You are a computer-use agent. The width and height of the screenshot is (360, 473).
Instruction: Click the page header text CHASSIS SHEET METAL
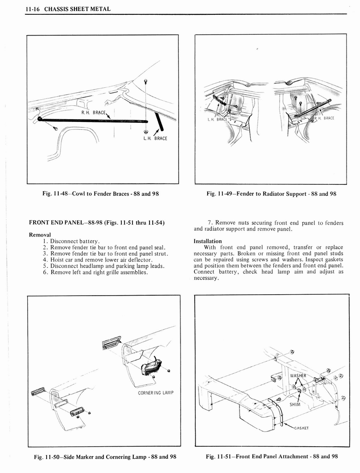coord(77,9)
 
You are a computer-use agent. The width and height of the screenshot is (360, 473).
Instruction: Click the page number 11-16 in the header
coord(33,9)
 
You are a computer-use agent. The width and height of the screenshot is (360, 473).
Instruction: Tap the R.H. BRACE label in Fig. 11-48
coord(94,112)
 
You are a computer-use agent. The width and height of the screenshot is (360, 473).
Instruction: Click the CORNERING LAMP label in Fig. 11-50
coord(156,393)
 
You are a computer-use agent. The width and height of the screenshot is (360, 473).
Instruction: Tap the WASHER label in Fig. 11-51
coord(298,376)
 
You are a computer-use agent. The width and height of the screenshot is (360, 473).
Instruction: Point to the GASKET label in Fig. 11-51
coord(300,427)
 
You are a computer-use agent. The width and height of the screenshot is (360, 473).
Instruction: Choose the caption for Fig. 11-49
coord(271,194)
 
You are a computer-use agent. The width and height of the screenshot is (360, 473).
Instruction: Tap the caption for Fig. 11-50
coord(105,457)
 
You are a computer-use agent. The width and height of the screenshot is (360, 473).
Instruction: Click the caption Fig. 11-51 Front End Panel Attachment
coord(272,456)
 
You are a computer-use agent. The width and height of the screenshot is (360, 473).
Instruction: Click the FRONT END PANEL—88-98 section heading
coord(96,224)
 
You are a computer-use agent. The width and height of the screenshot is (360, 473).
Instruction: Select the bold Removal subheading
coord(40,235)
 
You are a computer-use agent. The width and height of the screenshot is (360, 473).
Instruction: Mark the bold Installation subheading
coord(208,241)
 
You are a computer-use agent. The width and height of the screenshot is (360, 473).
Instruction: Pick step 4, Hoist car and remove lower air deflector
coord(97,260)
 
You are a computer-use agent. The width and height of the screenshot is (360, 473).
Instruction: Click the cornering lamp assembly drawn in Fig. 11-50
coord(151,365)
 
